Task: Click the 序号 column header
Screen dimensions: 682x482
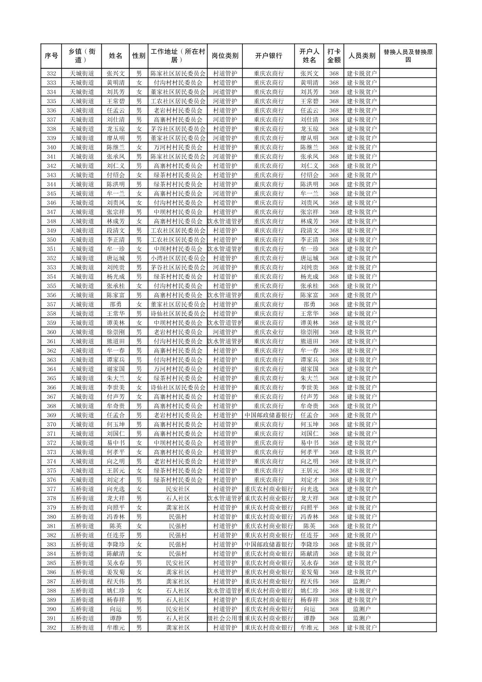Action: point(51,56)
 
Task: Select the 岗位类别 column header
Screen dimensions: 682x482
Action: point(225,56)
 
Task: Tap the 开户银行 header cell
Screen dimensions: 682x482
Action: point(268,56)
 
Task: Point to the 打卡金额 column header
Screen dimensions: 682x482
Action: point(333,56)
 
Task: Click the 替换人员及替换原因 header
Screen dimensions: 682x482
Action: point(408,56)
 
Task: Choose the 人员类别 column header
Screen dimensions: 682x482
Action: point(362,56)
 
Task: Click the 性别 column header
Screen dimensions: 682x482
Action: point(139,56)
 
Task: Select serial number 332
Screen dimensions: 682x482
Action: point(51,74)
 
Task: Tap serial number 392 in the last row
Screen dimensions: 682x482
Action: point(51,628)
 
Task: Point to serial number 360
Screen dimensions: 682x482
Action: point(51,332)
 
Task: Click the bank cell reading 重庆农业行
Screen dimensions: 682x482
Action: point(268,332)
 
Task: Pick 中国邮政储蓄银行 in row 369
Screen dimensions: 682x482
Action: point(268,415)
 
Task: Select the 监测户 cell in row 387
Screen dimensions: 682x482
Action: point(362,581)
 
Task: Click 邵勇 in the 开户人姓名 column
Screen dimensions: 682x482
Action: point(309,304)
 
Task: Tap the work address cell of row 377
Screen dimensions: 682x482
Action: point(178,489)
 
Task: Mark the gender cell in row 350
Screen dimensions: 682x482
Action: point(139,240)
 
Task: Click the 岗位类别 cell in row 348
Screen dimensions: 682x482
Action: point(225,221)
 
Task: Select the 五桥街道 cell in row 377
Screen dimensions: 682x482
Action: point(82,489)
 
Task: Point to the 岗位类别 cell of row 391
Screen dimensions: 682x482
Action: point(225,618)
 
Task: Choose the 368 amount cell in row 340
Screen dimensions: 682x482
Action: point(333,147)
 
